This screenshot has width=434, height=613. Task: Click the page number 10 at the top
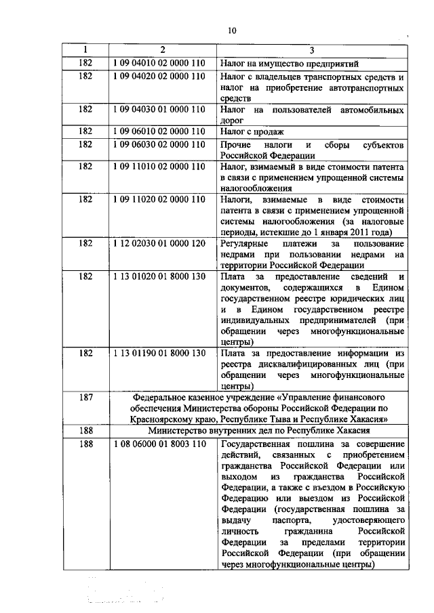click(233, 30)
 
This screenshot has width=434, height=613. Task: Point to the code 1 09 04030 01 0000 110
click(159, 108)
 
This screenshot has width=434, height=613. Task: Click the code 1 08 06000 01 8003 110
click(159, 444)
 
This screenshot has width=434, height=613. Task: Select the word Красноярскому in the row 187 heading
click(164, 419)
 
